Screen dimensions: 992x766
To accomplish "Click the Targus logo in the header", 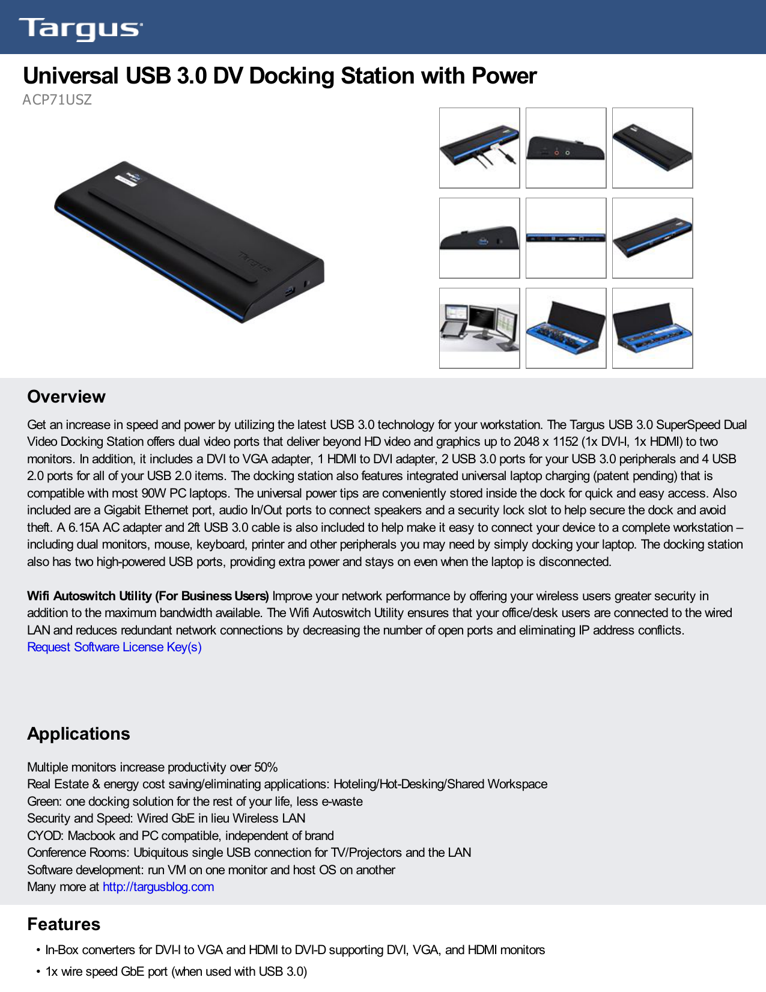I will tap(81, 28).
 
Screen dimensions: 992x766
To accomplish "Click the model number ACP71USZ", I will tap(57, 100).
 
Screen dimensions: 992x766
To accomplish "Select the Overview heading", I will tap(66, 397).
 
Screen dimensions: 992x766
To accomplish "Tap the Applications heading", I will tap(78, 734).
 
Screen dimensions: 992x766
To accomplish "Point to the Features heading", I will tap(64, 924).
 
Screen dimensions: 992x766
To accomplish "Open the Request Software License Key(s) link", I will tap(114, 647).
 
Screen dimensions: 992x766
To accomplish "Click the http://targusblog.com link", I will tap(158, 887).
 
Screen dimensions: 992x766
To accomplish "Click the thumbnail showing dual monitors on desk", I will tap(479, 328).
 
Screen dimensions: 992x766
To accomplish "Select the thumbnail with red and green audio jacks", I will tap(566, 148).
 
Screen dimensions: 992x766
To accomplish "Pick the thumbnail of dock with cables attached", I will tap(479, 148).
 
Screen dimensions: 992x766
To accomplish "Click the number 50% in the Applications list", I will tap(266, 767).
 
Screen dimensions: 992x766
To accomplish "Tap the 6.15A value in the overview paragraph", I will tap(85, 528).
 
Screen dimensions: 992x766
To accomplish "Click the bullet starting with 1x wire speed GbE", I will tap(176, 972).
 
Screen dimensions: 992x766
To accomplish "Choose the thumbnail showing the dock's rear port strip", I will tap(566, 238).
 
